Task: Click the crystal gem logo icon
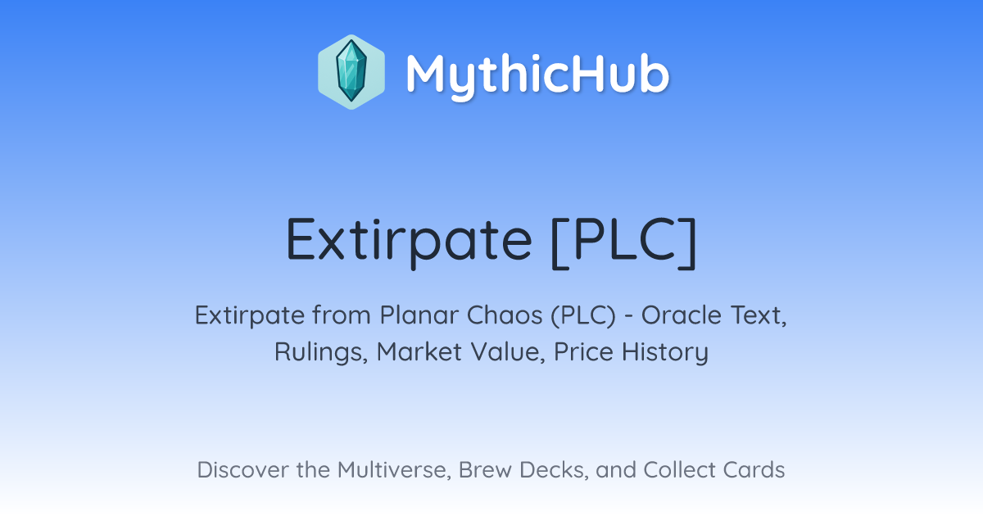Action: (x=351, y=72)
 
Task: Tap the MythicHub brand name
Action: (x=538, y=75)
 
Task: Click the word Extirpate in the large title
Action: (x=409, y=241)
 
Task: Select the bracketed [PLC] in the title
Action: (x=623, y=242)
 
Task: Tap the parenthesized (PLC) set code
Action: (x=583, y=316)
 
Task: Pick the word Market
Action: (x=419, y=352)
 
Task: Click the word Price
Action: (x=583, y=352)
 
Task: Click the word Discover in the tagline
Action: (x=242, y=470)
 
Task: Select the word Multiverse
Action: (x=394, y=470)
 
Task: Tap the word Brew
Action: (x=485, y=470)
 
